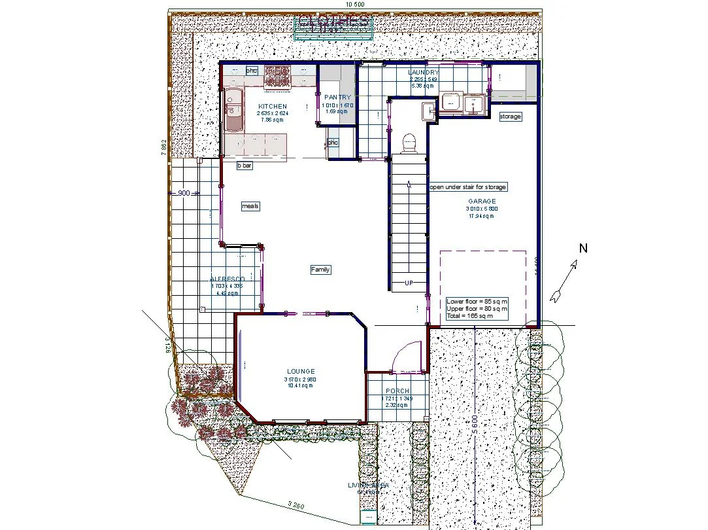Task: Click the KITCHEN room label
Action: pyautogui.click(x=272, y=106)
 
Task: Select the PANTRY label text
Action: pyautogui.click(x=337, y=97)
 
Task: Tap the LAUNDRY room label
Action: pyautogui.click(x=423, y=73)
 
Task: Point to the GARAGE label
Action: pyautogui.click(x=482, y=202)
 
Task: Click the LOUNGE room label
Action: pyautogui.click(x=300, y=372)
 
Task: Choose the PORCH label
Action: pyautogui.click(x=397, y=391)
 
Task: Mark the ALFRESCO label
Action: pyautogui.click(x=227, y=279)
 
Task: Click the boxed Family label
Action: pyautogui.click(x=320, y=270)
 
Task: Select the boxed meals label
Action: pyautogui.click(x=250, y=206)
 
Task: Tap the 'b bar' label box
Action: pyautogui.click(x=244, y=166)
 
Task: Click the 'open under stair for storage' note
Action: pyautogui.click(x=467, y=187)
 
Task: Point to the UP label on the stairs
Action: pyautogui.click(x=409, y=283)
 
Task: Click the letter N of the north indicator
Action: pyautogui.click(x=584, y=248)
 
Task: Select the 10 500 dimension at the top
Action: pyautogui.click(x=354, y=4)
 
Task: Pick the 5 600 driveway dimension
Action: pyautogui.click(x=475, y=429)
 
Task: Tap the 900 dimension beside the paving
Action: pyautogui.click(x=184, y=193)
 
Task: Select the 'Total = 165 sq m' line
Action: pyautogui.click(x=469, y=316)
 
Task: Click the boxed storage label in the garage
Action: pyautogui.click(x=510, y=116)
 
